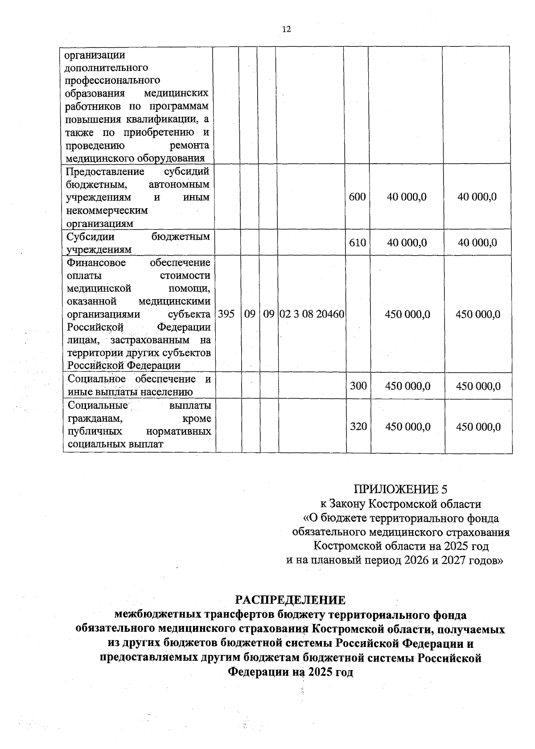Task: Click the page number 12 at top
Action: pyautogui.click(x=286, y=29)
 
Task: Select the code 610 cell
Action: pyautogui.click(x=358, y=243)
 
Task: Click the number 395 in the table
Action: pyautogui.click(x=226, y=314)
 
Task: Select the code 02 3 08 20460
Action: pyautogui.click(x=312, y=314)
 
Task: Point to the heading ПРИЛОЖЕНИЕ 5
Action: pyautogui.click(x=400, y=489)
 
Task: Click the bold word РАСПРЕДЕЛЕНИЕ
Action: pyautogui.click(x=290, y=600)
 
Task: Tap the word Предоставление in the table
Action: pyautogui.click(x=105, y=172)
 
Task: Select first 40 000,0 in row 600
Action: pyautogui.click(x=407, y=197)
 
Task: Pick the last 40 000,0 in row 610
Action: pyautogui.click(x=477, y=243)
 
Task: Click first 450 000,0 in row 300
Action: pyautogui.click(x=407, y=386)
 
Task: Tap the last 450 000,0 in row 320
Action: pyautogui.click(x=478, y=427)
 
